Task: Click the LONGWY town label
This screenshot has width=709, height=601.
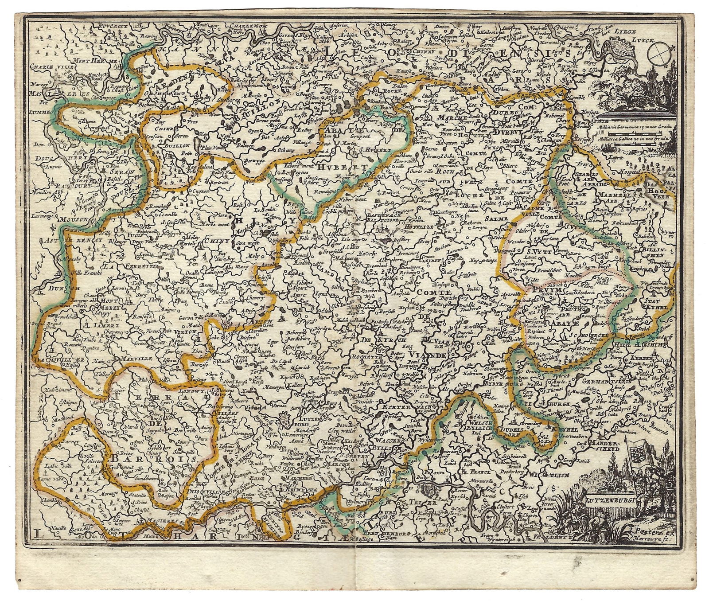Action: click(190, 391)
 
